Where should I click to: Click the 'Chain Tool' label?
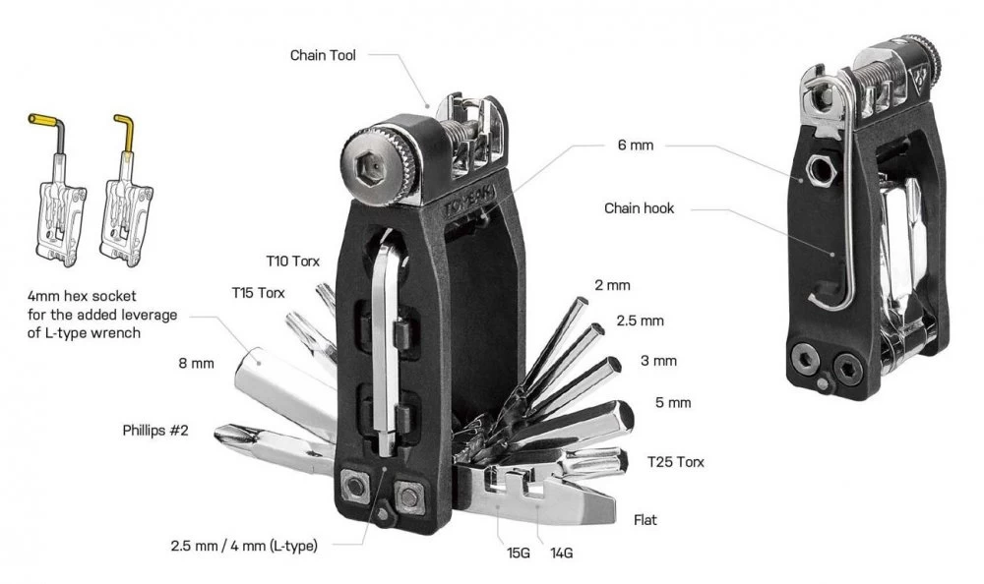point(323,55)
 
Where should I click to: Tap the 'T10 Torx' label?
point(292,261)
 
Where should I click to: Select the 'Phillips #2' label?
point(155,431)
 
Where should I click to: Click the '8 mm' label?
point(196,363)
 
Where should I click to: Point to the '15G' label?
point(519,553)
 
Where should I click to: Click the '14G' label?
point(561,553)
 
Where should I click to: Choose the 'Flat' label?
point(646,519)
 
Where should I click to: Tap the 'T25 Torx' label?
point(675,462)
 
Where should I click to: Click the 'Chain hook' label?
point(639,208)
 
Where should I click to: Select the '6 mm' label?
point(635,145)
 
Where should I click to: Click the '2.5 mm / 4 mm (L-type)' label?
point(244,546)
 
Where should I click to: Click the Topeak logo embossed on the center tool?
point(469,200)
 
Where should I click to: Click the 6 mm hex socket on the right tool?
point(821,169)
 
